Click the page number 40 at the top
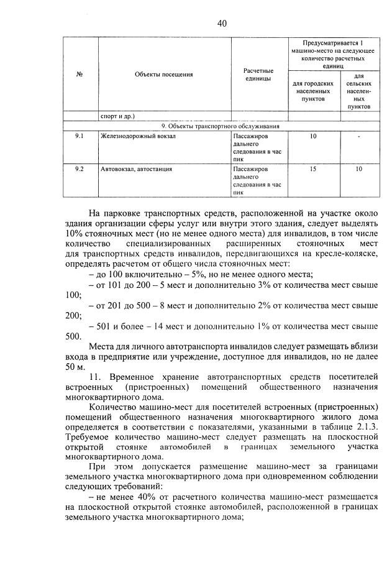tap(222, 24)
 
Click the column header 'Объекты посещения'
tap(163, 75)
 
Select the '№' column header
tap(80, 75)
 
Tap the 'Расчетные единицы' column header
tap(258, 75)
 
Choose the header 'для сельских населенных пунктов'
tap(358, 94)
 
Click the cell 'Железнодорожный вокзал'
tap(132, 135)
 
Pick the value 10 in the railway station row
tap(313, 135)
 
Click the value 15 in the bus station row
tap(313, 168)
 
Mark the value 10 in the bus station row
tap(358, 168)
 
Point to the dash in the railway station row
tap(358, 136)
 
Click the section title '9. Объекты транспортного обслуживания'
tap(221, 126)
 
